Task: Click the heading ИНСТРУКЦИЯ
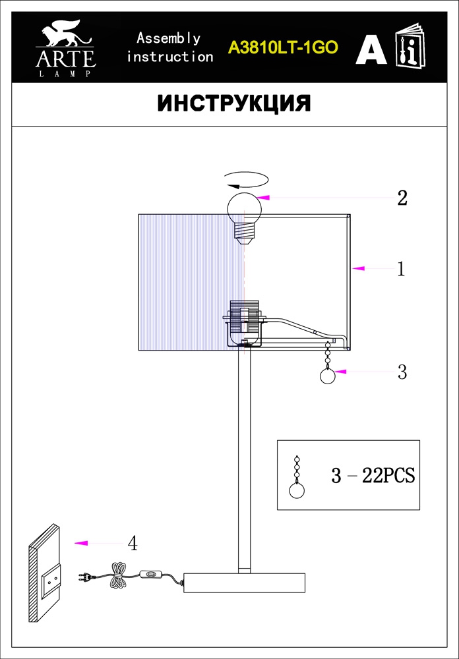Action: pyautogui.click(x=234, y=103)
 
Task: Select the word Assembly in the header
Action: pyautogui.click(x=169, y=39)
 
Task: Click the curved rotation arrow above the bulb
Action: pyautogui.click(x=246, y=180)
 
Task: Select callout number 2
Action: pyautogui.click(x=403, y=198)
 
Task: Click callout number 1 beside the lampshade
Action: pyautogui.click(x=402, y=269)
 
